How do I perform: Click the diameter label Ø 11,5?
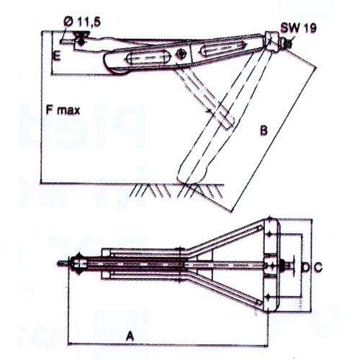(x=81, y=23)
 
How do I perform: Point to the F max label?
(x=60, y=110)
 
